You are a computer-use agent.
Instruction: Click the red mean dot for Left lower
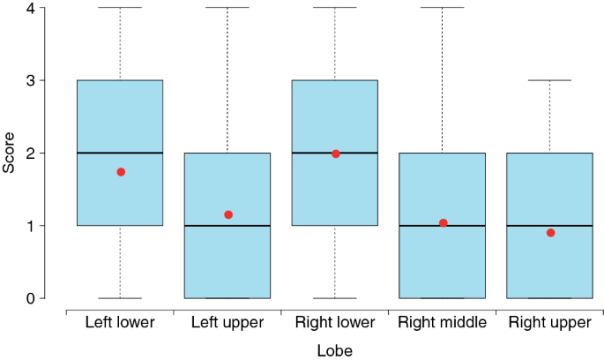tap(121, 172)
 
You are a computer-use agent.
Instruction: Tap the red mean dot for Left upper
tap(228, 214)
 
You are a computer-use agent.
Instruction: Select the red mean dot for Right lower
tap(336, 154)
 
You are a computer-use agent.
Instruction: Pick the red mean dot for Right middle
tap(444, 223)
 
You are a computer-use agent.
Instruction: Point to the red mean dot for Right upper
tap(550, 233)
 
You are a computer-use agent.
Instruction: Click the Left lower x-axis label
tap(120, 323)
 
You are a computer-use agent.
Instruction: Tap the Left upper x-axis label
tap(227, 323)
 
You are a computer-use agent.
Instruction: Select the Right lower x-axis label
tap(335, 323)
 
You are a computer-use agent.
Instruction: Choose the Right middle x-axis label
tap(443, 323)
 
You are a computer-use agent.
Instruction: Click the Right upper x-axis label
tap(550, 323)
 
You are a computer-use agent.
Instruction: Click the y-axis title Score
tap(10, 153)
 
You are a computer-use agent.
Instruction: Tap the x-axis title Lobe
tap(335, 350)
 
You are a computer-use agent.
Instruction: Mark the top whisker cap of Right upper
tap(549, 80)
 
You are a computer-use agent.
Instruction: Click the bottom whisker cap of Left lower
tap(120, 298)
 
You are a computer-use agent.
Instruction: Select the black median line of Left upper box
tap(227, 226)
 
